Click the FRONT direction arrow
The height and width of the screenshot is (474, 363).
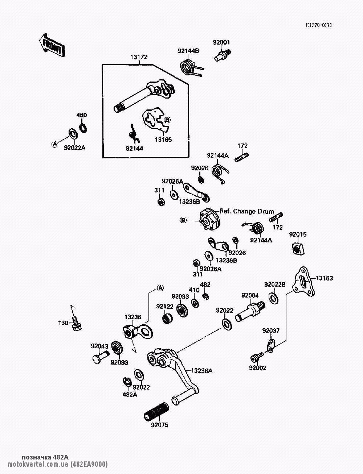pos(51,45)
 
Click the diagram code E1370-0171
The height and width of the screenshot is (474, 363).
pos(319,25)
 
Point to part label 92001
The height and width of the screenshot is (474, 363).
pos(221,42)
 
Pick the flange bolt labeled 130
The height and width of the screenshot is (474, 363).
pos(77,323)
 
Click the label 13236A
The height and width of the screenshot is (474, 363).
pos(202,370)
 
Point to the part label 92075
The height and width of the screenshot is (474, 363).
pos(160,425)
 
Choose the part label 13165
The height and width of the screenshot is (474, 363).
pos(164,140)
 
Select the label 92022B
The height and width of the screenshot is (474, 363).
pos(275,284)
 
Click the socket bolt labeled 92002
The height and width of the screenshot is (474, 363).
pos(255,358)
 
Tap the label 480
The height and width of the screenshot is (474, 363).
pos(81,115)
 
